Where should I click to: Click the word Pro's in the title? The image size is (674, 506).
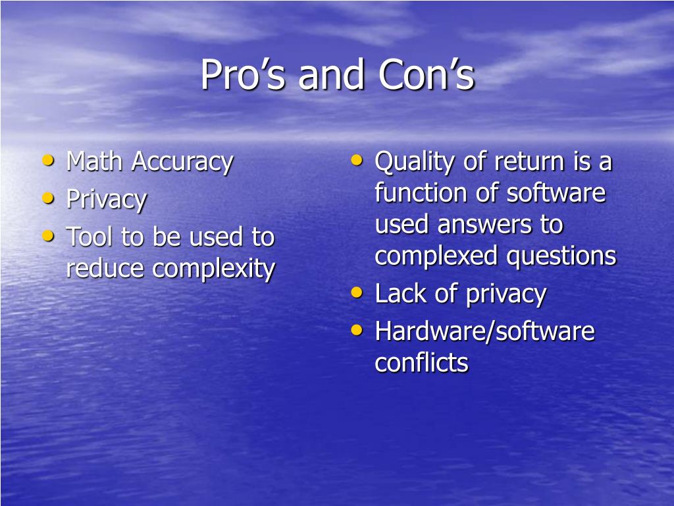pos(243,74)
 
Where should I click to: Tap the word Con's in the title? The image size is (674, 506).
pos(427,74)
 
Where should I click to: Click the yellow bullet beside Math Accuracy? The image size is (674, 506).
pos(48,161)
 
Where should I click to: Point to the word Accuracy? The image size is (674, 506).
pos(183,162)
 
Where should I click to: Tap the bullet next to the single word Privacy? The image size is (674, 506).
pos(48,198)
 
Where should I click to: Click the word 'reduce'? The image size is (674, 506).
pos(105,268)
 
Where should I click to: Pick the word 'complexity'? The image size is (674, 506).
pos(214,269)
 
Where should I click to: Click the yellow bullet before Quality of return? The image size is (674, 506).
pos(357,161)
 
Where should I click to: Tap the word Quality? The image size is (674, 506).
pos(415,163)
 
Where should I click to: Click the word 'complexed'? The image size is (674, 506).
pos(436,257)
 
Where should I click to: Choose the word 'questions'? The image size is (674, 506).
pos(561,257)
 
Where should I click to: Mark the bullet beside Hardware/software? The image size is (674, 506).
pos(357,329)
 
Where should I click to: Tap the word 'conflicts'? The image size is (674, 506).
pos(422,362)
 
